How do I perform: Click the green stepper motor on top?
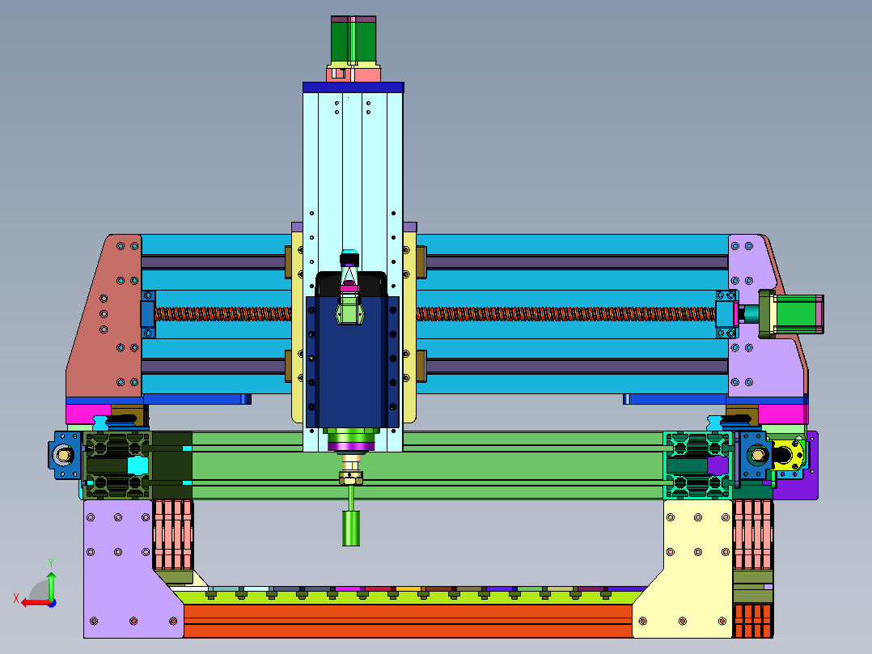353,40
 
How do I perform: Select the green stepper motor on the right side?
796,315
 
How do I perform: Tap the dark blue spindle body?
353,362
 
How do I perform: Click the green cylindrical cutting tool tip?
351,529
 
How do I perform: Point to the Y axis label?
51,563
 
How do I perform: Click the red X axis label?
16,599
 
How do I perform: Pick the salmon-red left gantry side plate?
104,316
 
